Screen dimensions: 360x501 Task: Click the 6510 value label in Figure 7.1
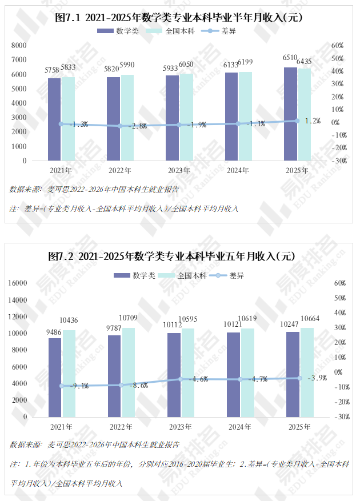point(290,58)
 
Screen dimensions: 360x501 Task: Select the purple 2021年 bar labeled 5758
point(54,119)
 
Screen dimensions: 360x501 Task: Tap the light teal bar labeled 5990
point(127,118)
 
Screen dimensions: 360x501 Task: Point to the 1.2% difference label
point(313,121)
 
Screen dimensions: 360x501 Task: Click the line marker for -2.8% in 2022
point(120,126)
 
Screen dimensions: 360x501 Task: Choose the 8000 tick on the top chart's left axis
point(19,45)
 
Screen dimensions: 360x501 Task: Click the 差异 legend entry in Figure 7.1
point(219,31)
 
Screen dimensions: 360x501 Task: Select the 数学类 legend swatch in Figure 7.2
point(122,275)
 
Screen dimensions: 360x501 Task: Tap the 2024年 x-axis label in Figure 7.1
point(238,170)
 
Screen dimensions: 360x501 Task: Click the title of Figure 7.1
point(178,17)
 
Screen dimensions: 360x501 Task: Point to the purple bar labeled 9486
point(55,378)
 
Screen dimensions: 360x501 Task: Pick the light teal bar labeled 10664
point(307,372)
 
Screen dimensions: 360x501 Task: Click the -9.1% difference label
point(79,386)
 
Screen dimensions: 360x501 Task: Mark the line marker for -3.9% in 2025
point(299,378)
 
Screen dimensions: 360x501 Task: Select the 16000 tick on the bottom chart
point(18,283)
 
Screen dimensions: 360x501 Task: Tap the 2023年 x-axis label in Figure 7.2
point(181,427)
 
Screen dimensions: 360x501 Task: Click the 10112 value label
point(173,325)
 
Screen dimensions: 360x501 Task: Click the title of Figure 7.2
point(171,256)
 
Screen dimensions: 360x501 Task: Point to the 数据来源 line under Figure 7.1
point(94,190)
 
